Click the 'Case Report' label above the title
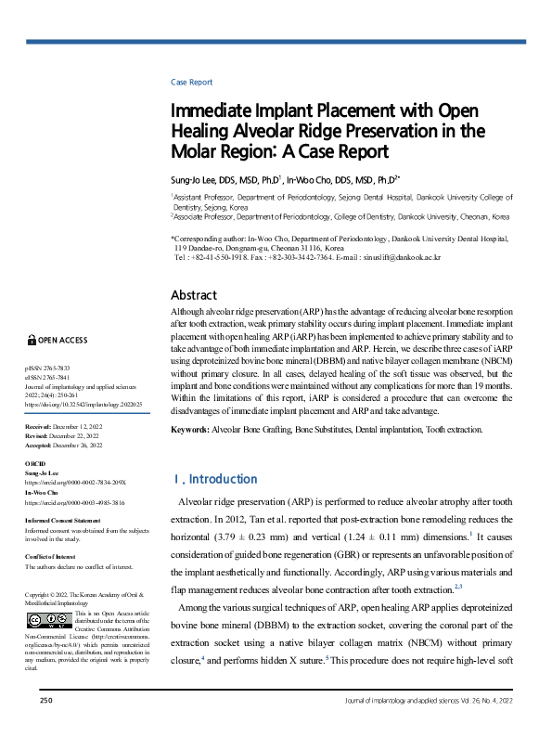click(x=191, y=82)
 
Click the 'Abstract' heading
click(x=195, y=295)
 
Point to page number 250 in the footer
click(x=46, y=724)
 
